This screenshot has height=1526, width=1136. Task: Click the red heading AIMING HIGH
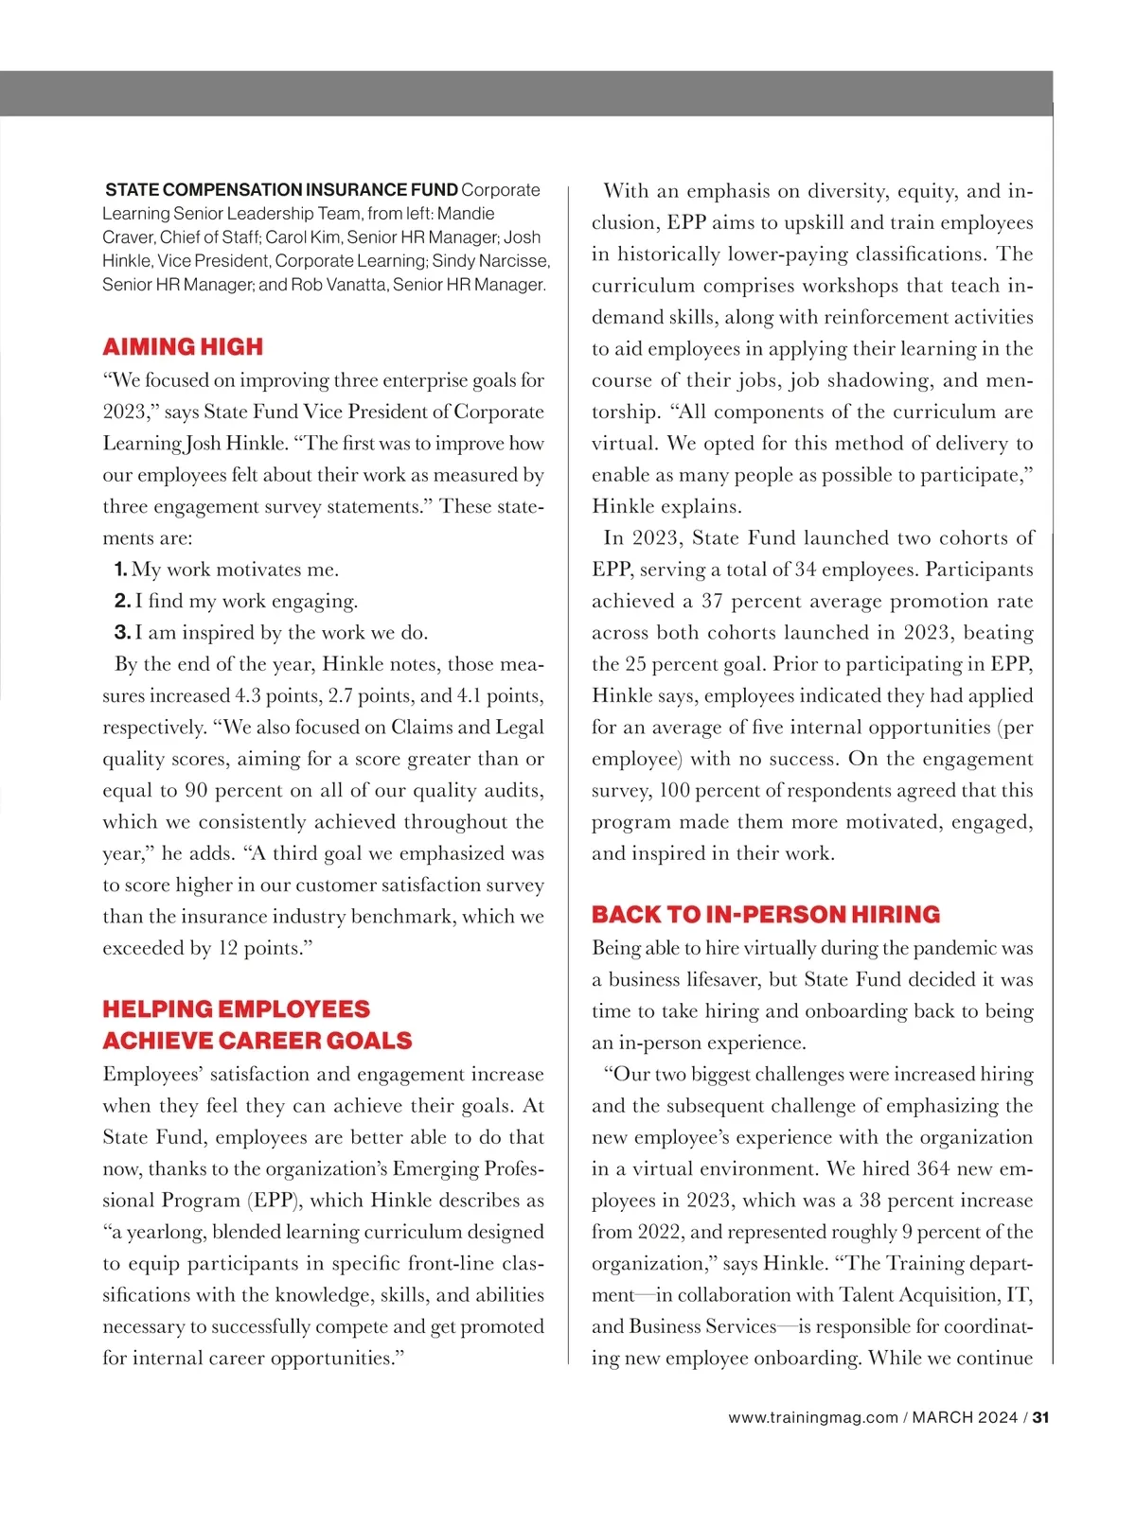click(183, 346)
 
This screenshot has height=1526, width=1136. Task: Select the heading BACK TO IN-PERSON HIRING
click(766, 914)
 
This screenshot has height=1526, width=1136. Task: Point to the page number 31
click(1041, 1417)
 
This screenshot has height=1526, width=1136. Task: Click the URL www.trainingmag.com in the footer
click(813, 1417)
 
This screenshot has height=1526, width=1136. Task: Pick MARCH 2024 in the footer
click(965, 1417)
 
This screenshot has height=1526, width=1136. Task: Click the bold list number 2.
click(122, 601)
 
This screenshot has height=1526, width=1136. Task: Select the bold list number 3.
click(122, 632)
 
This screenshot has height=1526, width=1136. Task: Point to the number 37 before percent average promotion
click(713, 601)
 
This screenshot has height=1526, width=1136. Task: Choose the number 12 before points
click(228, 948)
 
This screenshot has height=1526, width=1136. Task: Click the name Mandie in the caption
click(466, 214)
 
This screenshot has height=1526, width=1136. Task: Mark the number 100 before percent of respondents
click(675, 790)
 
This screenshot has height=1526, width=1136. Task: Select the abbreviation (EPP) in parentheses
click(275, 1200)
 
